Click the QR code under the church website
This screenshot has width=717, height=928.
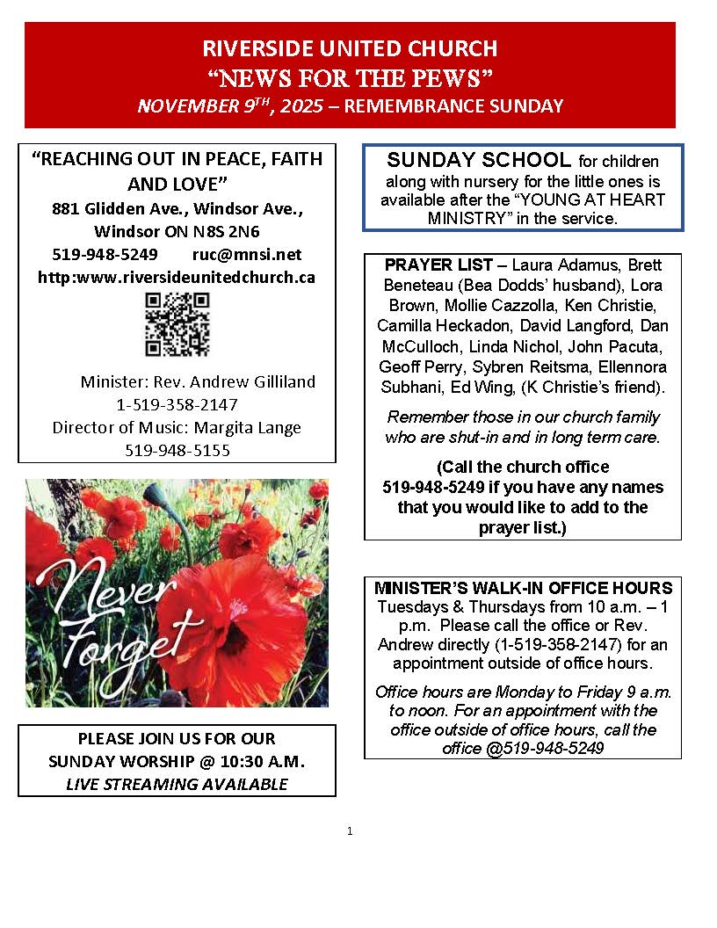pos(177,324)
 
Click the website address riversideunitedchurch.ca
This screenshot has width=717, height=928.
pos(177,277)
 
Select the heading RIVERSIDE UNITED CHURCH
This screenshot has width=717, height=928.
pos(350,48)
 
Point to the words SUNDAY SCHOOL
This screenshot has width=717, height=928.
pos(479,160)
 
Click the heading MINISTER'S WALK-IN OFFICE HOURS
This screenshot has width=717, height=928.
pos(524,588)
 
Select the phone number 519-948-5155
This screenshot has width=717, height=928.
pos(177,450)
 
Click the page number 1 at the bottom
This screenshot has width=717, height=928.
pos(350,830)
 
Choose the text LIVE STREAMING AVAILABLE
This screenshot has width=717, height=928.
pos(177,784)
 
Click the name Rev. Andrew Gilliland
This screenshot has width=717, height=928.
pos(250,382)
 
